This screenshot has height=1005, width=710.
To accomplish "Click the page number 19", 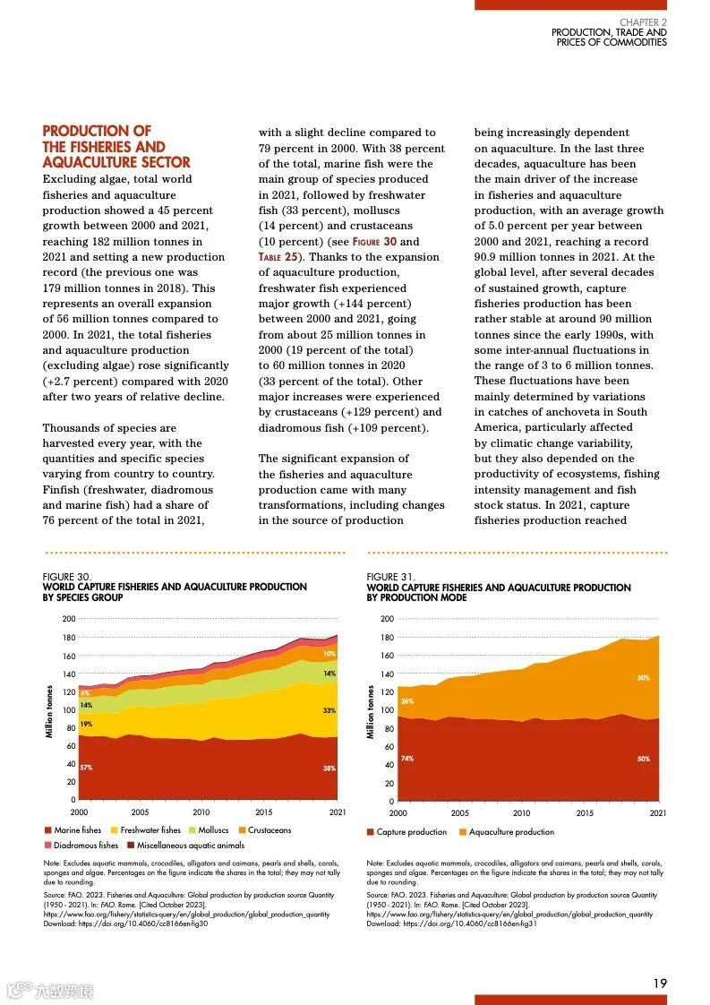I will (659, 984).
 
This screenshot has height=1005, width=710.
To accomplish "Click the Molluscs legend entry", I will (213, 830).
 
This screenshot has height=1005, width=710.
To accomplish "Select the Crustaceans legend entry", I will (269, 830).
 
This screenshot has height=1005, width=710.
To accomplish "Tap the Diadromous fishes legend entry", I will (85, 845).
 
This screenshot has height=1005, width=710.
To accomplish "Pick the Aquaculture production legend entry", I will (511, 832).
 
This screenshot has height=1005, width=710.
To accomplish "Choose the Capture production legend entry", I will (411, 832).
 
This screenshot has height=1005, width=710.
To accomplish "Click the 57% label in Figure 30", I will (86, 768).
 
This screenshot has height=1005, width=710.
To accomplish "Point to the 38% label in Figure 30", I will (329, 769).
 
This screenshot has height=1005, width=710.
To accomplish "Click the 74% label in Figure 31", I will (407, 759).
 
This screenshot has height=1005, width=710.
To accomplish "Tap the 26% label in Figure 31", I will (407, 701).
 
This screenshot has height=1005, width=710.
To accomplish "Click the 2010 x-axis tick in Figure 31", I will (521, 813).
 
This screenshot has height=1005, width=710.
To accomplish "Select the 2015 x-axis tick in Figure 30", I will (265, 812).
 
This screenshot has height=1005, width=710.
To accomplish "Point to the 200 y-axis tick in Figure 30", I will (68, 619).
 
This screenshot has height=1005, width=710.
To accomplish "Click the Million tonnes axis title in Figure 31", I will (371, 712).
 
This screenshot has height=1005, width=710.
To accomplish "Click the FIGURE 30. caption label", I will (66, 577).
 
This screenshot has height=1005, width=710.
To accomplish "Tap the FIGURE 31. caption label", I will (390, 577).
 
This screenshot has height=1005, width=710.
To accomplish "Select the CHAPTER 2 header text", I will (643, 22).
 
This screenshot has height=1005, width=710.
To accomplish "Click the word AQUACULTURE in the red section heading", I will (87, 162).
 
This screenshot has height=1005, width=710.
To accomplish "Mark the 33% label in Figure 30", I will (329, 710).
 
